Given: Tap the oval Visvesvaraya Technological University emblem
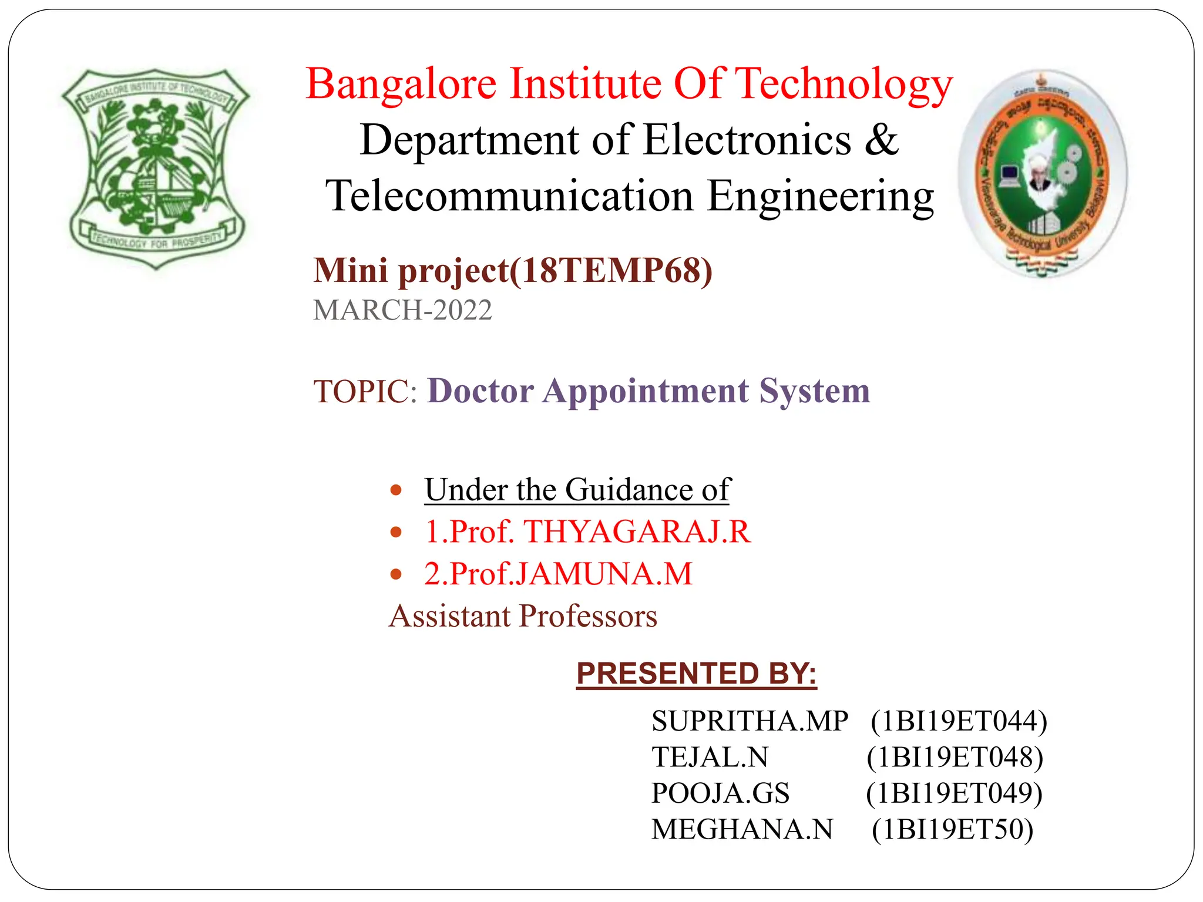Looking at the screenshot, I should tap(1043, 173).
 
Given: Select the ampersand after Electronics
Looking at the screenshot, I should tap(881, 140).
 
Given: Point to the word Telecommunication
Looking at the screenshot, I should tap(509, 196).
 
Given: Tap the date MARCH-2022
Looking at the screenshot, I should tap(402, 310).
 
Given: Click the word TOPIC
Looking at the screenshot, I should tap(361, 392).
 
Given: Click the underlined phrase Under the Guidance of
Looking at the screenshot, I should tap(577, 490).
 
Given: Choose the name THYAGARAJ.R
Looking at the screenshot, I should tap(637, 531).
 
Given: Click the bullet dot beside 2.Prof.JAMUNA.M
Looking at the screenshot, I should tap(396, 574).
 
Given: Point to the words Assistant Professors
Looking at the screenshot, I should tap(523, 616).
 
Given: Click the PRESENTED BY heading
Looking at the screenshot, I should tap(696, 673).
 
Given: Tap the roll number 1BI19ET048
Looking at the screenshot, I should tap(955, 758).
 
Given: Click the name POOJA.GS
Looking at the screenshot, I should tap(721, 793).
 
